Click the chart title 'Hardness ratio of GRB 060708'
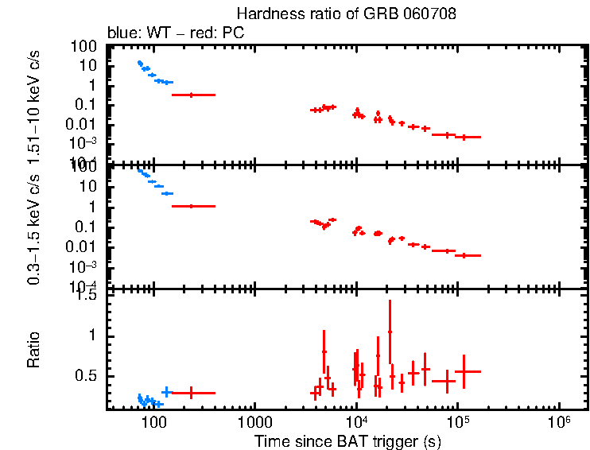point(346,15)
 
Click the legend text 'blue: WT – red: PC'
point(175,34)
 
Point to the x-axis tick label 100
point(153,421)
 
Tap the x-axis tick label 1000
point(254,421)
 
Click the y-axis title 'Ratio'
point(34,350)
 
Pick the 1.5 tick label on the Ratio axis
point(88,296)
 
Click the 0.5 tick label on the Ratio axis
point(88,375)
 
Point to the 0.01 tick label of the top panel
point(83,124)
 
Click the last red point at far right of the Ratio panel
point(468,371)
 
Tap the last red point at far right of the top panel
point(468,137)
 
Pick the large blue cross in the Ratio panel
point(165,391)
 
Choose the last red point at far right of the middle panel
point(468,255)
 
